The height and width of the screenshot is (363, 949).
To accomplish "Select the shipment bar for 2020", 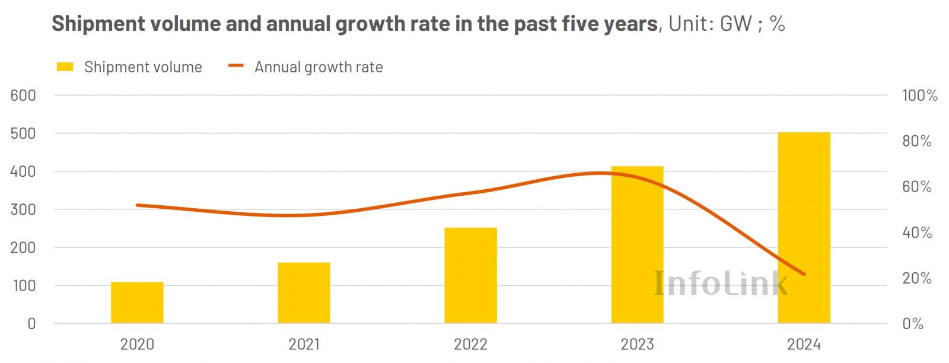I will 137,302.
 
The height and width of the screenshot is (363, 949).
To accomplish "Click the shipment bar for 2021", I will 304,293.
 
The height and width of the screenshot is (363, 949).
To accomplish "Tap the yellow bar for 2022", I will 470,275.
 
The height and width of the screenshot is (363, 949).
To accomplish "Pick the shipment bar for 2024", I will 804,228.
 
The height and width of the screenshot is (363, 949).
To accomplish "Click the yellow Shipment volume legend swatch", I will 65,67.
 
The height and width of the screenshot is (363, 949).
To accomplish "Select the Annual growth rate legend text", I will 319,67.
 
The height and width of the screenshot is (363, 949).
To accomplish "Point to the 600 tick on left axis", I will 23,95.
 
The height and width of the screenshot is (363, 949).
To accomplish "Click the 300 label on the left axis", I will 23,209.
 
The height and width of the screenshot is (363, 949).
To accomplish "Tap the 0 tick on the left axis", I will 31,324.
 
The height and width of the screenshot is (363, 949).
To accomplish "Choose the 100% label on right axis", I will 919,95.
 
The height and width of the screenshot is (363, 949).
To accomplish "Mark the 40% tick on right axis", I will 916,233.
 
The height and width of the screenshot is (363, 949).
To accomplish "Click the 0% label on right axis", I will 913,324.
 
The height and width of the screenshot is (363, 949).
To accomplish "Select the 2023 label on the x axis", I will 637,344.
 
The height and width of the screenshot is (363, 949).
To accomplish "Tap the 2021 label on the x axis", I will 304,344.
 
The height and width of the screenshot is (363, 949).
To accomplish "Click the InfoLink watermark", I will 721,283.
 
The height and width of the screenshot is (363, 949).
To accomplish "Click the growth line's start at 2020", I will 137,205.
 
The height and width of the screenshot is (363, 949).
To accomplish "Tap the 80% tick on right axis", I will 916,141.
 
